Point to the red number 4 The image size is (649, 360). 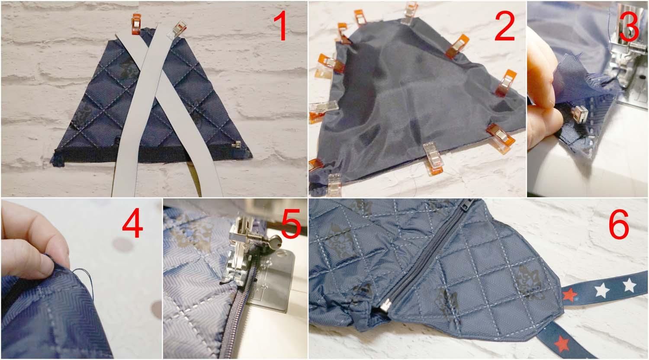point(133,223)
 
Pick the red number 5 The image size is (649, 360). point(291,224)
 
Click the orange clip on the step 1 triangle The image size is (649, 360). point(136,24)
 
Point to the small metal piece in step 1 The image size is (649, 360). point(237,144)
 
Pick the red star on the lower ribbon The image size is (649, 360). point(562,344)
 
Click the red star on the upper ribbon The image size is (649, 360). point(569,295)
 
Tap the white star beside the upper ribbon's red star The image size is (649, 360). point(602,290)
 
